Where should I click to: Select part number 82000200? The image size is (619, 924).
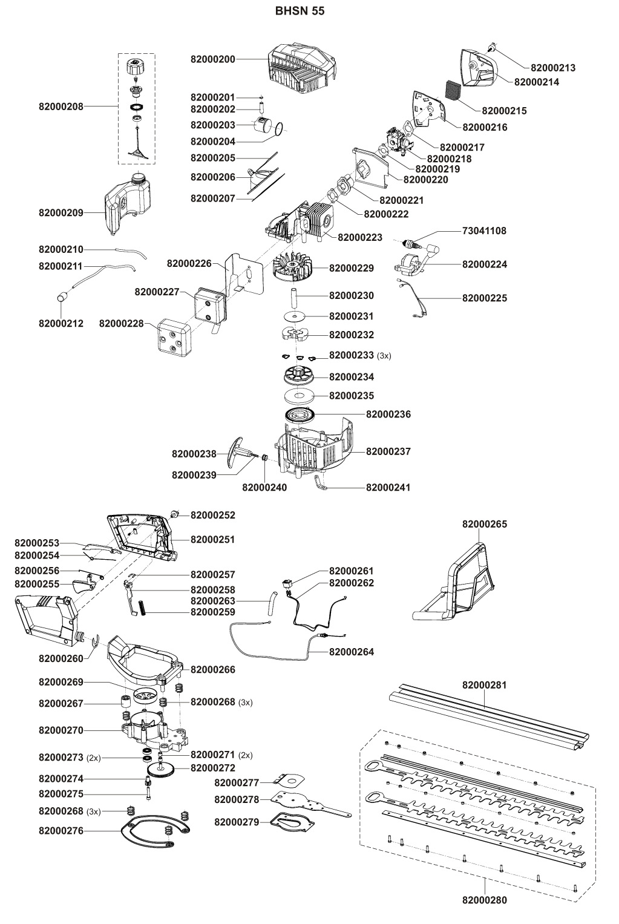(x=212, y=60)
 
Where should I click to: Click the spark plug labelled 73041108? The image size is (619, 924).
(x=411, y=244)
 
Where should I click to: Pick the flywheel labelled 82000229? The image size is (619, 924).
(x=293, y=268)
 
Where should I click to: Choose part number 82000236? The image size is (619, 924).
(x=388, y=414)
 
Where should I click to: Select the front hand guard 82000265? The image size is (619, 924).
(x=459, y=581)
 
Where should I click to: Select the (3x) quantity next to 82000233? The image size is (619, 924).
(x=384, y=356)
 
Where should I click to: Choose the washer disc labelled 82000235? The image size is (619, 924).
(x=300, y=396)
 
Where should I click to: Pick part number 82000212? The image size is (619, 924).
(x=61, y=324)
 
